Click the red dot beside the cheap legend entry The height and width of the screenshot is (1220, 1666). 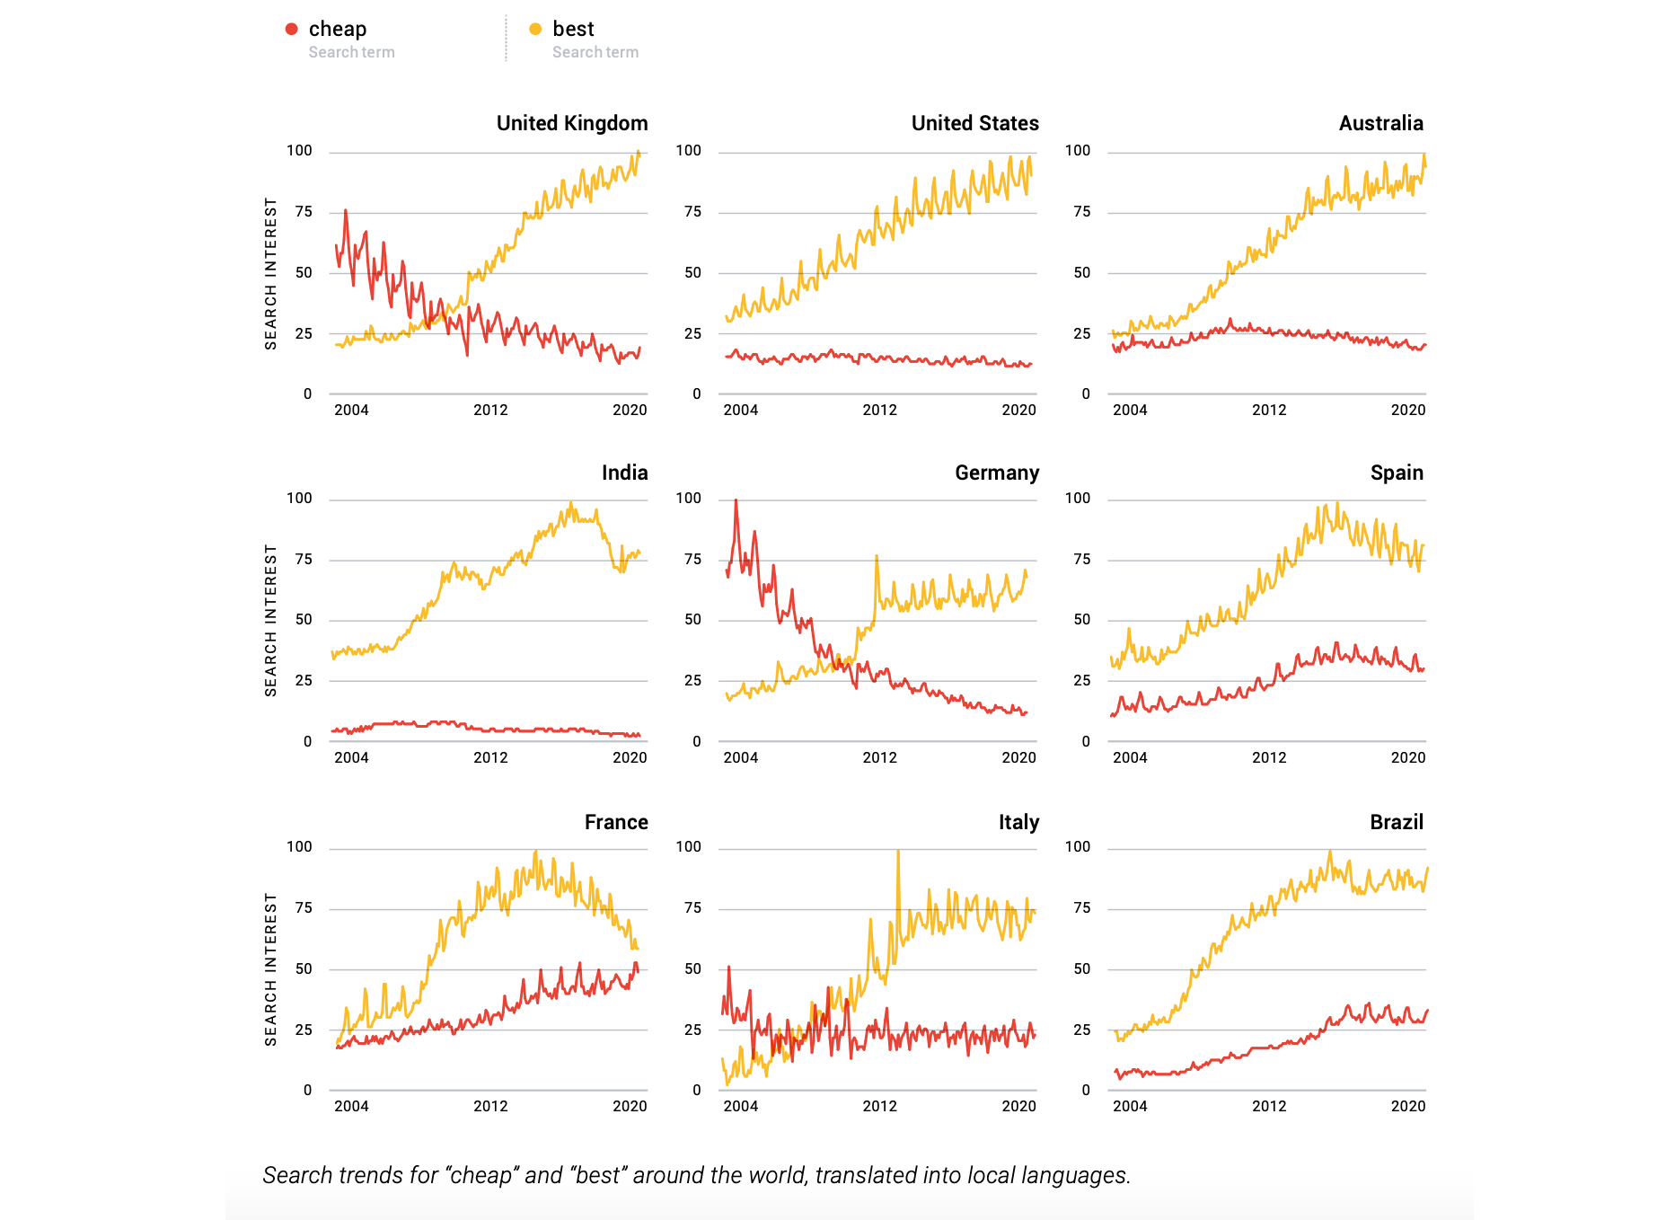point(291,29)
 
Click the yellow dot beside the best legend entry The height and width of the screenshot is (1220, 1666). point(535,29)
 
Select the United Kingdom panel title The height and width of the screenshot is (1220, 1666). point(572,123)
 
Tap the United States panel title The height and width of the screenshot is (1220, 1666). point(974,123)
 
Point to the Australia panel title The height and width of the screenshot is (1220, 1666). point(1380,123)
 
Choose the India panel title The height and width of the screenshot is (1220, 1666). point(624,473)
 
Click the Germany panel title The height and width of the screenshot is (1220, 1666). point(997,473)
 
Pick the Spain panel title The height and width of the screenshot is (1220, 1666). point(1397,473)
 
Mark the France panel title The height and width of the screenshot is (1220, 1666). point(616,822)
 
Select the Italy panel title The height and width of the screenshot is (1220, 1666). point(1018,822)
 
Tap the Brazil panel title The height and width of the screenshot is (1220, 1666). point(1397,822)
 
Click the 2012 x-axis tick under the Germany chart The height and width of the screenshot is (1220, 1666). point(879,757)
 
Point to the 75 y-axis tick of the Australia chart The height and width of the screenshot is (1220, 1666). point(1082,211)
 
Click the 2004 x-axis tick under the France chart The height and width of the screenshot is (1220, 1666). point(351,1106)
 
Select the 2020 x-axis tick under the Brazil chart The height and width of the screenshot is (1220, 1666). point(1407,1106)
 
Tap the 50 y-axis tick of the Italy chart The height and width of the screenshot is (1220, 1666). point(692,968)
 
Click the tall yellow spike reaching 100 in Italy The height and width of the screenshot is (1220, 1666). point(898,853)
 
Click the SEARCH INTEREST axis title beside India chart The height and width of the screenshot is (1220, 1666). point(270,620)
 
